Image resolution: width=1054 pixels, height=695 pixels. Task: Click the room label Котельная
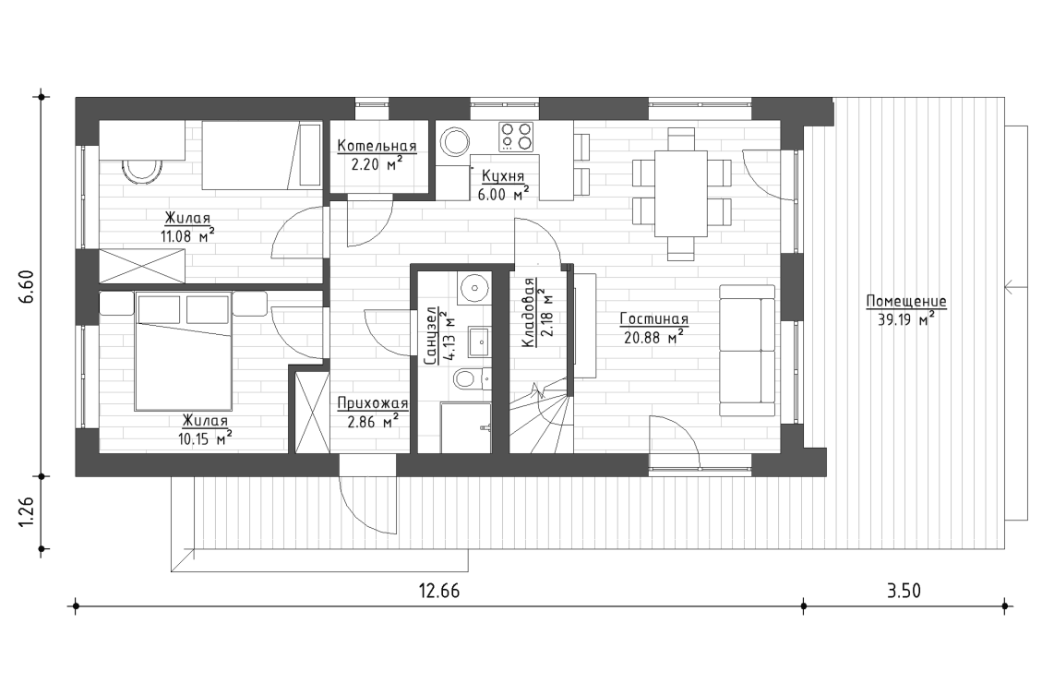click(377, 146)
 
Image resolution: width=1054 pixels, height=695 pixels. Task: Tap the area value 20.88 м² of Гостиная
click(654, 337)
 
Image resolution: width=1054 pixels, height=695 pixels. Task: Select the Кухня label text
click(503, 174)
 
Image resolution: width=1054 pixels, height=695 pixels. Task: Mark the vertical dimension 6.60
click(27, 287)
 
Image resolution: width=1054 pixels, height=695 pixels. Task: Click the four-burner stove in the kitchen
click(517, 138)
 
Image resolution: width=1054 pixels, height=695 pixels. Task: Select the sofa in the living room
click(748, 350)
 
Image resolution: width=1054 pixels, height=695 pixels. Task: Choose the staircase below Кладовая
click(540, 420)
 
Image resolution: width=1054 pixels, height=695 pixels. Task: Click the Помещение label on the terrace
click(905, 302)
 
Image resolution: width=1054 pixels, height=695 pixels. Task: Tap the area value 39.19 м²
click(905, 319)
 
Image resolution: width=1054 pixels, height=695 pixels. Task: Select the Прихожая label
click(372, 403)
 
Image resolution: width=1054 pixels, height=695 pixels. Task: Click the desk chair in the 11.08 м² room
click(141, 171)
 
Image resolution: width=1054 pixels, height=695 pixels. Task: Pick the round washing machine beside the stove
click(455, 142)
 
